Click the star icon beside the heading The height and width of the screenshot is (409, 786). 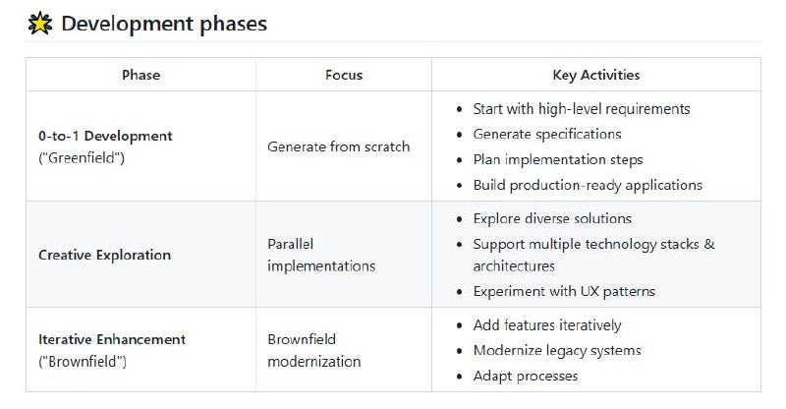[40, 24]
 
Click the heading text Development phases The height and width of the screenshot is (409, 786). [163, 24]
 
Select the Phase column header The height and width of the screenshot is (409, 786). [140, 75]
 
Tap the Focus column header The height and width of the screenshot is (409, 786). [344, 75]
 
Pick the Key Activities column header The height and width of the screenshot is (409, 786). [596, 75]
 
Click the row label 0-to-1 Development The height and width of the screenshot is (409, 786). [105, 136]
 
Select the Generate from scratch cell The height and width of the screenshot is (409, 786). [338, 146]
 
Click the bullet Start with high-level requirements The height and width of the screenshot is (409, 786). [581, 109]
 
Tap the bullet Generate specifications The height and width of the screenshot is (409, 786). [546, 134]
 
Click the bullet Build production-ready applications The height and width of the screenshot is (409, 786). [588, 185]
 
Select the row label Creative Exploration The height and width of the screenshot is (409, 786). [104, 255]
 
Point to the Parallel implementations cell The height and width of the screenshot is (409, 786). [320, 255]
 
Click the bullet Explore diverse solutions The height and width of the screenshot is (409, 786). [552, 218]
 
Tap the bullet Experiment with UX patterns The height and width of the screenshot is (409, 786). [564, 291]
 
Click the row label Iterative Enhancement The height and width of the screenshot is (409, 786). [111, 339]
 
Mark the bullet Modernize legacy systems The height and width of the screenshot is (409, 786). [556, 350]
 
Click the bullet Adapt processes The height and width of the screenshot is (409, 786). [525, 376]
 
